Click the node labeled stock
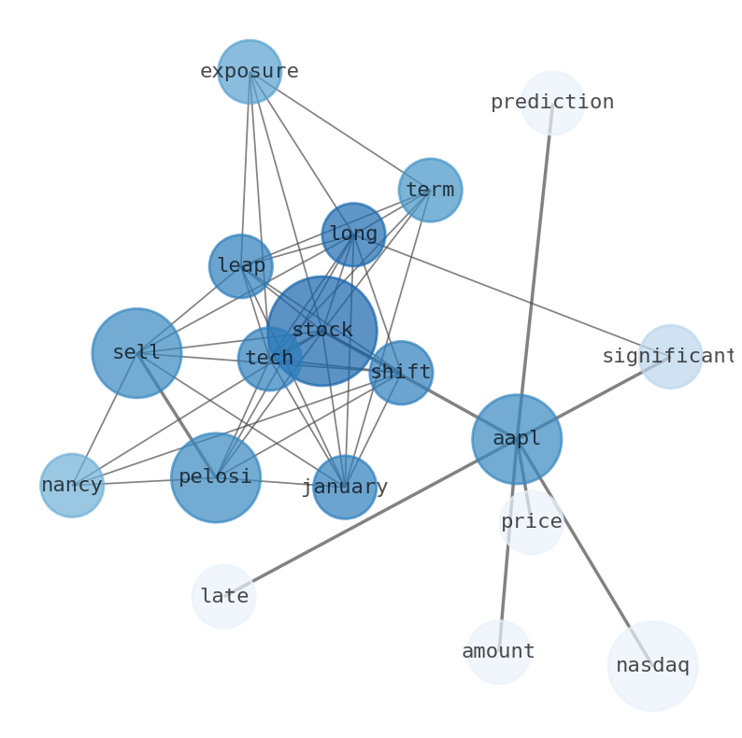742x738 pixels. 322,331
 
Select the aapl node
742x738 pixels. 517,439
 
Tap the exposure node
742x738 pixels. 250,72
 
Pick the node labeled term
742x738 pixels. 430,191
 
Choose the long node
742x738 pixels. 353,234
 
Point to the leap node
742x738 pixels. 241,266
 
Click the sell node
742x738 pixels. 136,353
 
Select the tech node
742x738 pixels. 269,359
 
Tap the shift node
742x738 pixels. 401,373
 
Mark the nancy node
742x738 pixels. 72,486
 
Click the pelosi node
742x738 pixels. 216,477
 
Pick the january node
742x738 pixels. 345,488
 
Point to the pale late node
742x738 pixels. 223,596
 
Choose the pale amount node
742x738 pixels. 499,652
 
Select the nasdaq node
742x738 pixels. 652,666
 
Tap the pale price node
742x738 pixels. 532,522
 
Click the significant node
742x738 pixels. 670,357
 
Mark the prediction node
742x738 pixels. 552,103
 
